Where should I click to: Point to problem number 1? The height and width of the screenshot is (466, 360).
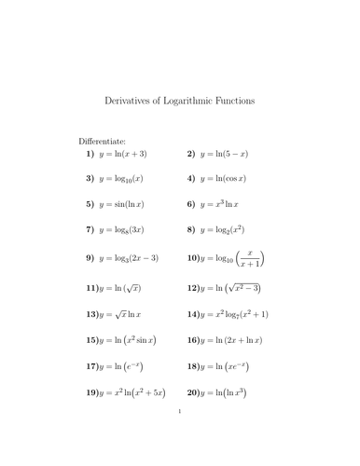(x=90, y=153)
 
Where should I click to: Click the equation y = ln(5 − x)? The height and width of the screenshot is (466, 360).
(x=229, y=153)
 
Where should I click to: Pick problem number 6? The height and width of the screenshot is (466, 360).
(x=190, y=203)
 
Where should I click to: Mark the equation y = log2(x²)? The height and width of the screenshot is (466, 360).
(x=232, y=228)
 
